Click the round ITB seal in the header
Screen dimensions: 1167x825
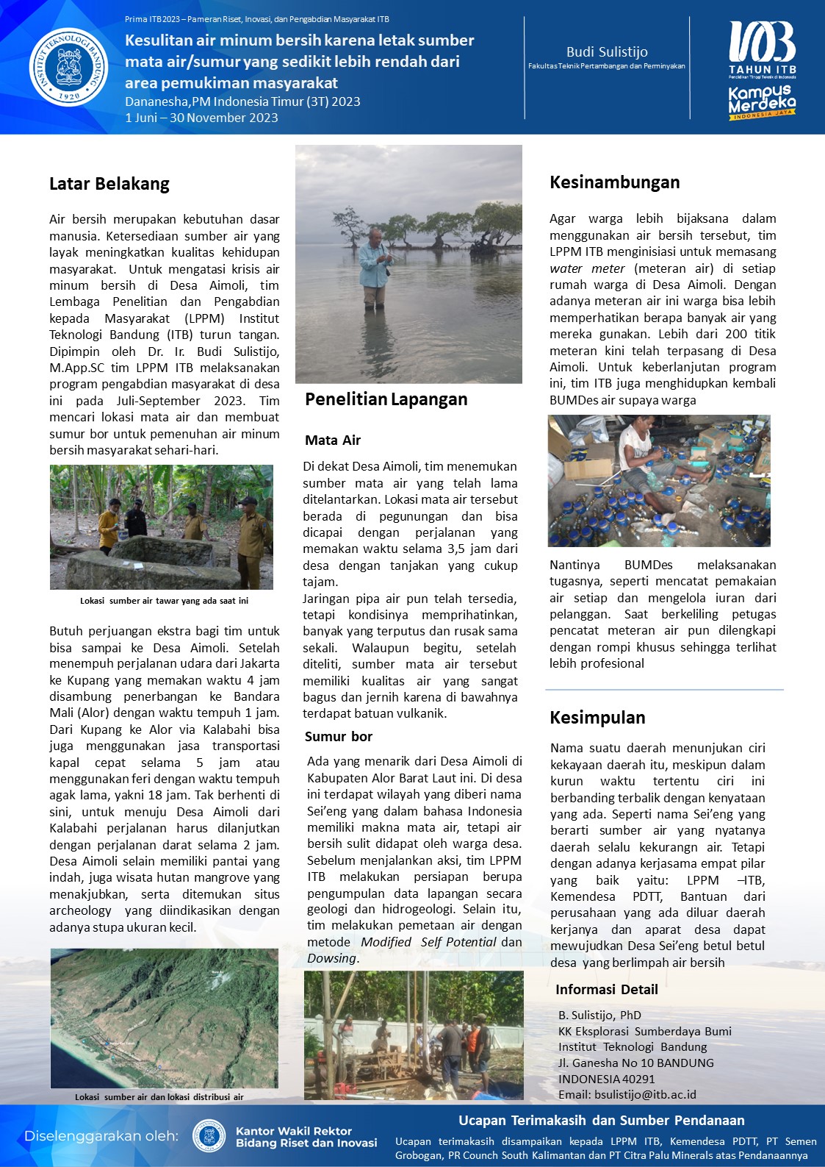coord(68,67)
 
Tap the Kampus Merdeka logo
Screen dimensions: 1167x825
coord(762,102)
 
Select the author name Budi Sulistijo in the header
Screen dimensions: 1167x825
coord(607,51)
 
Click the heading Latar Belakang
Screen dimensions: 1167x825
coord(109,184)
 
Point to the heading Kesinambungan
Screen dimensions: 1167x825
coord(615,182)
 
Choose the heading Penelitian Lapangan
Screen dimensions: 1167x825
coord(386,399)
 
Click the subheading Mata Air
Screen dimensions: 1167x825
coord(333,440)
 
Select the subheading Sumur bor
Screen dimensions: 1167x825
coord(339,737)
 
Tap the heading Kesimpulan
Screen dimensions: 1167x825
coord(598,718)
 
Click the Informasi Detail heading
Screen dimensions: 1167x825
coord(607,990)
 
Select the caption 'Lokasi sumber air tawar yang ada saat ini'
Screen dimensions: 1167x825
coord(164,601)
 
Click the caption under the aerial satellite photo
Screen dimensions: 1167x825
coord(159,1097)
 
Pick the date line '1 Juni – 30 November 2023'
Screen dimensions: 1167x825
coord(201,118)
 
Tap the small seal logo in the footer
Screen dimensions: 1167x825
coord(209,1136)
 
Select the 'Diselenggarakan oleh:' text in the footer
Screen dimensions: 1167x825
coord(101,1136)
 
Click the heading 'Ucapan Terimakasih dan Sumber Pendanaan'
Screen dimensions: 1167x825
coord(602,1121)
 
